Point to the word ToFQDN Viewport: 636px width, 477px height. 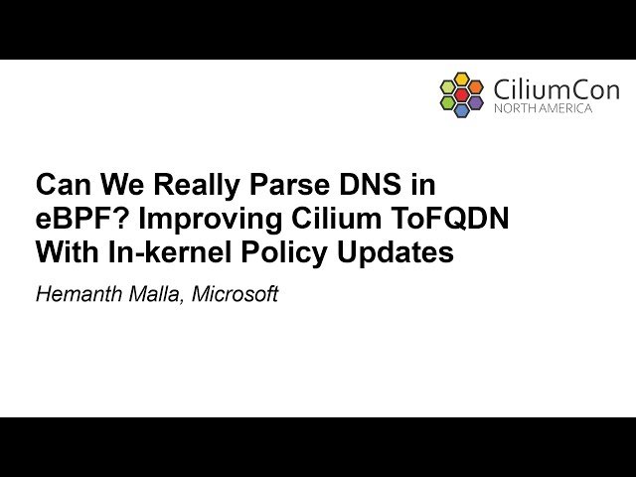tap(457, 220)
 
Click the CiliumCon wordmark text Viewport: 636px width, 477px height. tap(556, 89)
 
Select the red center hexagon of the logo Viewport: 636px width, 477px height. tap(462, 94)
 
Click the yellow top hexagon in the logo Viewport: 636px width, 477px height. tap(462, 79)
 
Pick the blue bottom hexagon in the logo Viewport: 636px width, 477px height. tap(462, 110)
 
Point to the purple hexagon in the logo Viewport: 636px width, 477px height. tap(476, 102)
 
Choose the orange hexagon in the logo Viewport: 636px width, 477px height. tap(476, 86)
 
